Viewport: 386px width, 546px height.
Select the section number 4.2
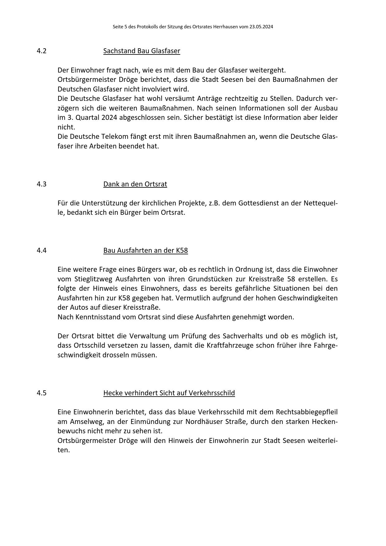pyautogui.click(x=41, y=51)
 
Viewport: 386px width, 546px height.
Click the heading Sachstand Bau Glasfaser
pyautogui.click(x=142, y=51)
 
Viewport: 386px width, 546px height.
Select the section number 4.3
pyautogui.click(x=41, y=184)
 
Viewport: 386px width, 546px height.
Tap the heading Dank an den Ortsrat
pyautogui.click(x=135, y=184)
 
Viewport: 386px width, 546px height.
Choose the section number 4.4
pyautogui.click(x=41, y=250)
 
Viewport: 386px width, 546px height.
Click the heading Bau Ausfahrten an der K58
pyautogui.click(x=145, y=250)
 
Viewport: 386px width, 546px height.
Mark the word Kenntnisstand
pyautogui.click(x=98, y=317)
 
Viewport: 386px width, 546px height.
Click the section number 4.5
pyautogui.click(x=41, y=393)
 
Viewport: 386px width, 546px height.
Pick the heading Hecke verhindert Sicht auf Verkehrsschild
pyautogui.click(x=169, y=393)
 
